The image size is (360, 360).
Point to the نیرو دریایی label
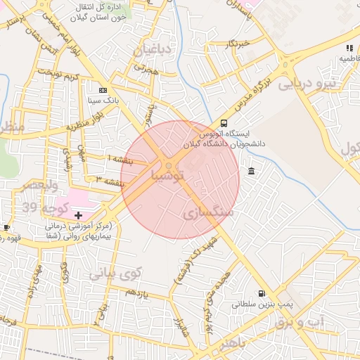(308, 84)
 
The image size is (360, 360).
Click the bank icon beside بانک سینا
(103, 91)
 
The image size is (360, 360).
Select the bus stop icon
(224, 122)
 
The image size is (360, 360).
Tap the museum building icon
(252, 172)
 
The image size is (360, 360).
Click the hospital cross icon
(78, 214)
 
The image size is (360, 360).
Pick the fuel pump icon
(262, 294)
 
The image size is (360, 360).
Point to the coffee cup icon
(6, 227)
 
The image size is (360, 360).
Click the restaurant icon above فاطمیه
(349, 48)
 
